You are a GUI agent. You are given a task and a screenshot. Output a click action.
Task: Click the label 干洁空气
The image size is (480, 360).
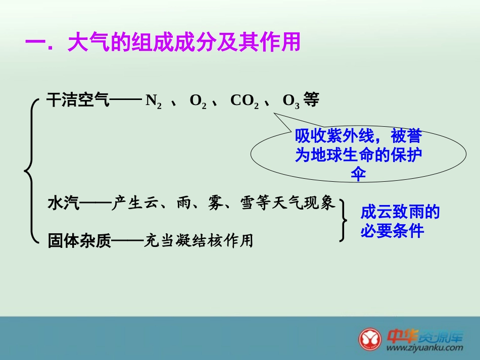pyautogui.click(x=77, y=100)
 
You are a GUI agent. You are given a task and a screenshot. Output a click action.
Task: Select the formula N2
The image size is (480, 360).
pyautogui.click(x=154, y=101)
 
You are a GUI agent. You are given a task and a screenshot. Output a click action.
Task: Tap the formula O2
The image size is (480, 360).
pyautogui.click(x=198, y=101)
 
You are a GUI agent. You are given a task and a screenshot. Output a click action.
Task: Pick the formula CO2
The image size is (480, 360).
pyautogui.click(x=245, y=101)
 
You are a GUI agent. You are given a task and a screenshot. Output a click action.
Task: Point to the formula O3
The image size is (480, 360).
pyautogui.click(x=291, y=101)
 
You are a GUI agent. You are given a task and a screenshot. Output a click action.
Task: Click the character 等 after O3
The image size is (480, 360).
pyautogui.click(x=312, y=100)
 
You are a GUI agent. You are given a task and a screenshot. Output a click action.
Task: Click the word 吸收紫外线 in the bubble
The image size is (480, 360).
pyautogui.click(x=334, y=137)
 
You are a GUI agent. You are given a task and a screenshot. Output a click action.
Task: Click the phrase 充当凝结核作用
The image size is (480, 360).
pyautogui.click(x=199, y=241)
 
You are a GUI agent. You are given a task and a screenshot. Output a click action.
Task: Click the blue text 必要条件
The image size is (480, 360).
pyautogui.click(x=392, y=231)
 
